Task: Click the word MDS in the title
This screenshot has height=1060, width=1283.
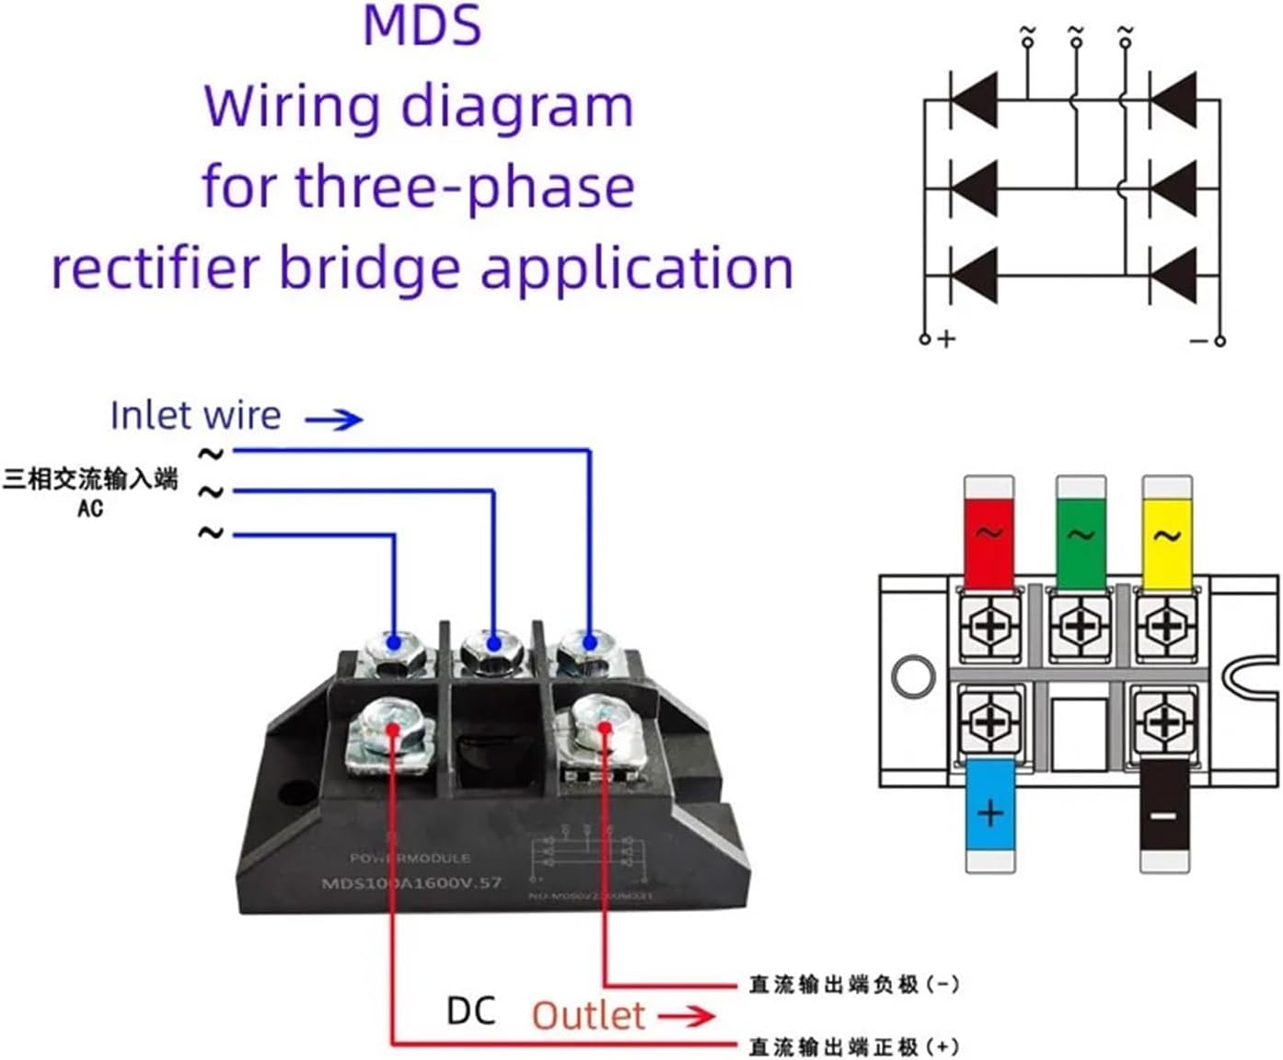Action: coord(422,26)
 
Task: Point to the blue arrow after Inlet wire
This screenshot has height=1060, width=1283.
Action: coord(334,420)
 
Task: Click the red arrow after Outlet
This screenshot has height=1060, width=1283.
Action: coord(687,1016)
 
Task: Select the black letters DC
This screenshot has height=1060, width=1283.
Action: coord(470,1010)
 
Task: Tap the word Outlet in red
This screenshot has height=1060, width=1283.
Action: coord(588,1016)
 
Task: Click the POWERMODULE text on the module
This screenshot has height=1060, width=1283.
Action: coord(410,858)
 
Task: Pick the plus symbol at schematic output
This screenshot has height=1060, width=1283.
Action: coord(946,339)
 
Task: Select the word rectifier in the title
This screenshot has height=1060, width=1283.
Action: coord(157,269)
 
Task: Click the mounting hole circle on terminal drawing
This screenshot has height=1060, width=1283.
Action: coord(914,676)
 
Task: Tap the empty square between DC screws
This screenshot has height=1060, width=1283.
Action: coord(1079,733)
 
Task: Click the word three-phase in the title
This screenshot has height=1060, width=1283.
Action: coord(464,187)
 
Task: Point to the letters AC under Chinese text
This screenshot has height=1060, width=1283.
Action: coord(90,509)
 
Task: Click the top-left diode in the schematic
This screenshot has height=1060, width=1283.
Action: coord(974,99)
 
